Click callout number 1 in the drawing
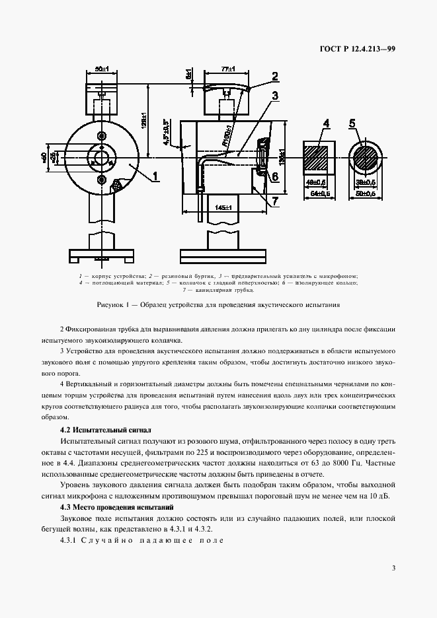tap(155, 176)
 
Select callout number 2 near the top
tap(274, 76)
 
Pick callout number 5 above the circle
tap(352, 123)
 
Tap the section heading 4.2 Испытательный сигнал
tap(106, 429)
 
